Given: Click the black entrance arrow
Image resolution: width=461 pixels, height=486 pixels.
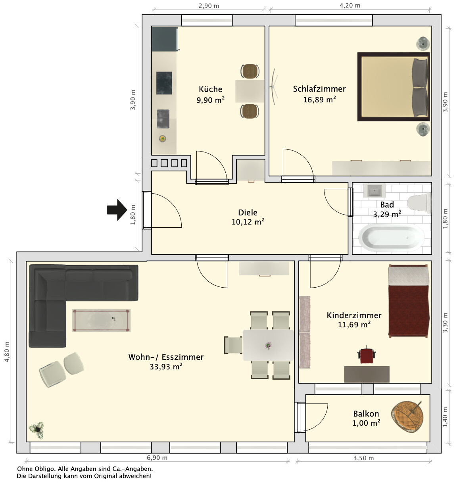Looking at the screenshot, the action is pos(117,209).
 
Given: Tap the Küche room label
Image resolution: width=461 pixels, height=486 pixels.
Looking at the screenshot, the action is pos(210,89).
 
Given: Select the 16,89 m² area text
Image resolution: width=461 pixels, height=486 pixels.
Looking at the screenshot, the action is pos(319,99).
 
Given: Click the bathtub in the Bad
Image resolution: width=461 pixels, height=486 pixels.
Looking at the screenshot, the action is pos(391,237).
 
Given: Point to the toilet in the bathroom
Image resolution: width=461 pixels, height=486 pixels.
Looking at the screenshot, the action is pos(419,203).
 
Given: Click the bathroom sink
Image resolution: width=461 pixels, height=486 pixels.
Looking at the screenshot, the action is pos(375,190).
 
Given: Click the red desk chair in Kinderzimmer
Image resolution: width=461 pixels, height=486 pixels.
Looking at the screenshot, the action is pos(366,355).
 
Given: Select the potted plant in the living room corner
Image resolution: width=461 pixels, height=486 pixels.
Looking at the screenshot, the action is pos(37,430).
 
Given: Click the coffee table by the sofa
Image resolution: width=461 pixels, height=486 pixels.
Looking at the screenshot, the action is pos(101,320).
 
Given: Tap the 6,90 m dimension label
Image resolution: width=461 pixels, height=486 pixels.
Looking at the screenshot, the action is pos(157,457).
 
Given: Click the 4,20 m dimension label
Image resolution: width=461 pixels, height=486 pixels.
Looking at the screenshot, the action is pos(350,6).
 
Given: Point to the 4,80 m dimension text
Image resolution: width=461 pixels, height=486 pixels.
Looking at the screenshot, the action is pos(7,352).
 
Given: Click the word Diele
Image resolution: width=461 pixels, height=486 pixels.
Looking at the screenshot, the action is pos(248,212).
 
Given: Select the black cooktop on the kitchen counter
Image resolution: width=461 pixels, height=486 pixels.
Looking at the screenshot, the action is pos(164,83).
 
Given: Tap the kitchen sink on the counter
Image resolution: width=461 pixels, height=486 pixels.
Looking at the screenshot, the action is pos(163,119).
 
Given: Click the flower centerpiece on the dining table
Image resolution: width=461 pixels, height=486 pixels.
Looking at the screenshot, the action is pos(268,346).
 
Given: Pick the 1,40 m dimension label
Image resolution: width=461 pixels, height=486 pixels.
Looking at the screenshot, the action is pos(445,417).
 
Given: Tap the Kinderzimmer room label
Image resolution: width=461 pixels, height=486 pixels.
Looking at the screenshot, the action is pos(354,315).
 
